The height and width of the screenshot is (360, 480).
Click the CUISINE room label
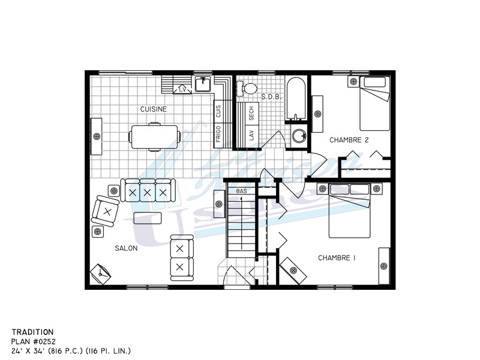[x=153, y=109]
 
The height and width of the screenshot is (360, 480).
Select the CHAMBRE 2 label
[x=349, y=140]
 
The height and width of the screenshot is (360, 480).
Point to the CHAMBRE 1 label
[x=337, y=258]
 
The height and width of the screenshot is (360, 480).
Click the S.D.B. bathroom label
[x=268, y=96]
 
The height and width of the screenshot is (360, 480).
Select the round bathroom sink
[x=297, y=136]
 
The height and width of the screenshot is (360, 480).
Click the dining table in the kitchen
[x=155, y=136]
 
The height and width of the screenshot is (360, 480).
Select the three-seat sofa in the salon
[x=147, y=191]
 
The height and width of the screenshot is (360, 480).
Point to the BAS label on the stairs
[x=241, y=191]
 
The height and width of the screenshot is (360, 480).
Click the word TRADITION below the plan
[x=32, y=331]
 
